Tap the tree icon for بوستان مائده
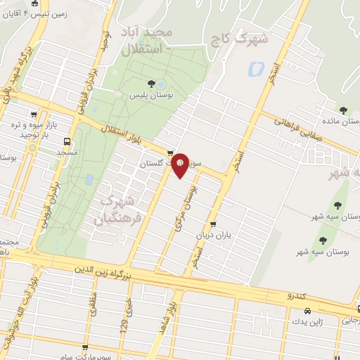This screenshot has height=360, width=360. pos(343,110)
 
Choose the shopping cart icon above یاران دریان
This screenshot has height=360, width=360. pos(213,225)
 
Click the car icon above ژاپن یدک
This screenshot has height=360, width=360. pos(308,310)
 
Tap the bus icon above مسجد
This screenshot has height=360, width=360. pos(67,141)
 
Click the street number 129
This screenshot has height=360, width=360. pos(124,327)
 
